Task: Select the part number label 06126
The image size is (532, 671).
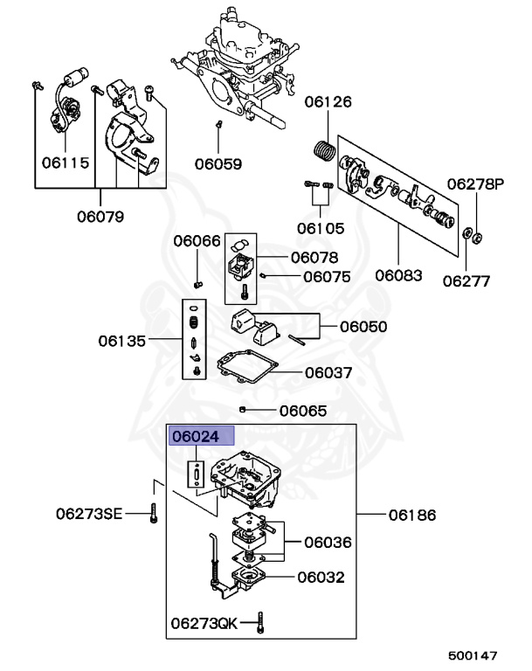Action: click(x=328, y=102)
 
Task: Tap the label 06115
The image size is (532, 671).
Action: click(x=66, y=163)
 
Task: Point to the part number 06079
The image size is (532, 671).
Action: click(x=100, y=216)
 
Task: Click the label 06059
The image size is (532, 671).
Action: click(x=218, y=163)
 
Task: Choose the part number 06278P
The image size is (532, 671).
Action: click(x=476, y=184)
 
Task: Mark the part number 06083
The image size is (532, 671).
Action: click(x=398, y=274)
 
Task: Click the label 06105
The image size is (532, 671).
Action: click(x=320, y=228)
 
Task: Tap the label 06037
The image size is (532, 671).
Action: click(x=328, y=372)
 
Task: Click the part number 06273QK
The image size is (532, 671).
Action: click(x=204, y=623)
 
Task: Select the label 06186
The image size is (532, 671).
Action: click(x=412, y=515)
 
